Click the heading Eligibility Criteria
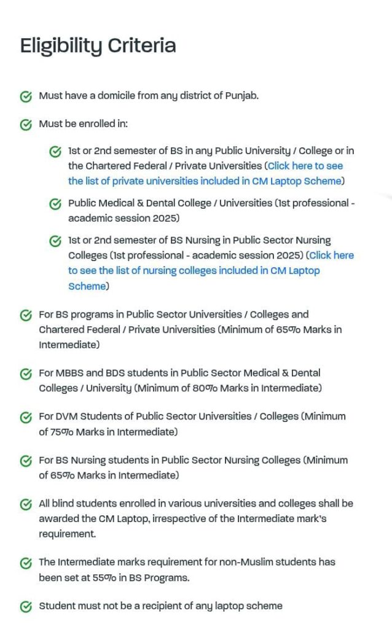point(98,46)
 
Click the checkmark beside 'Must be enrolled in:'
point(26,125)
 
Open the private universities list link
point(205,174)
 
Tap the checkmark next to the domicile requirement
point(26,96)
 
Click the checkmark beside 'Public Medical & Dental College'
point(55,204)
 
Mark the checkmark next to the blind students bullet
point(26,504)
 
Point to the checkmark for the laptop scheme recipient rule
point(26,607)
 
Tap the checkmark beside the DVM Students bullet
point(26,417)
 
